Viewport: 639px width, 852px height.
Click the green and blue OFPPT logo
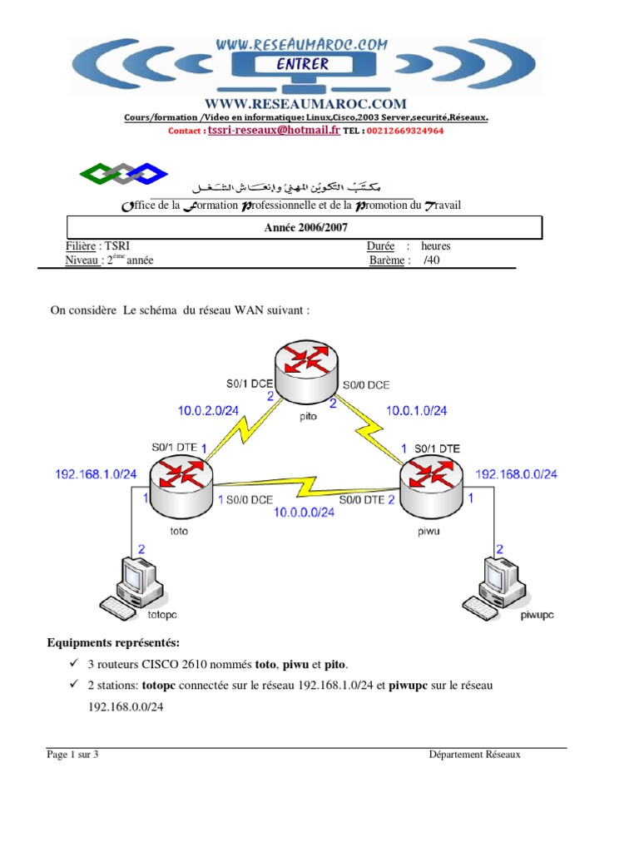122,173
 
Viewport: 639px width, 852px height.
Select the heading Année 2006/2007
304,227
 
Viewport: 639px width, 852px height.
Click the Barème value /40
429,260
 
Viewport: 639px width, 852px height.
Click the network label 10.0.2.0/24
208,409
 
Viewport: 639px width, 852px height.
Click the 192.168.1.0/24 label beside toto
96,473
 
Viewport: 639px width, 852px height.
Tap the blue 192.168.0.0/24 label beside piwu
516,473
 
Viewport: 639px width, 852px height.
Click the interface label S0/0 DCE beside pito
366,384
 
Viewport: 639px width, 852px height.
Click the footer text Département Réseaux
474,755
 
